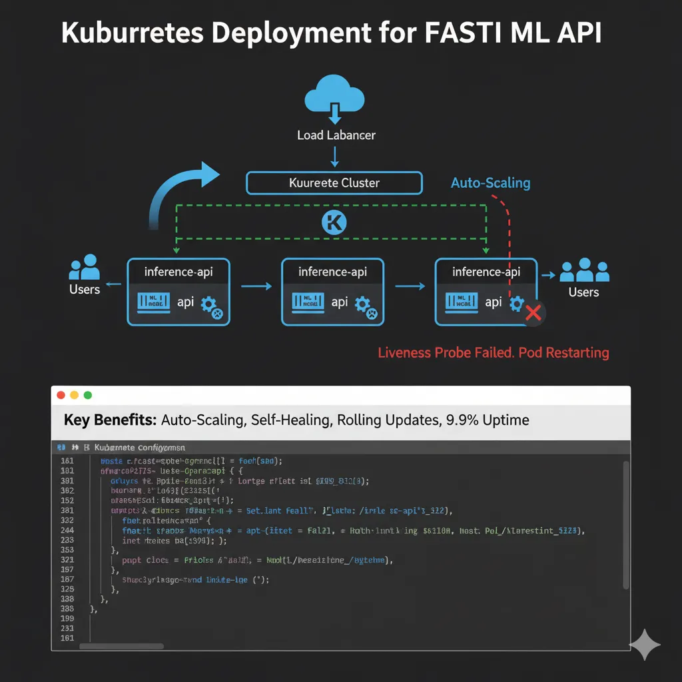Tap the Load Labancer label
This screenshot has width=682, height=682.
336,135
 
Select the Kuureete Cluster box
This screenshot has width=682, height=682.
334,182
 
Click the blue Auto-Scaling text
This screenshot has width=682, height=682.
490,182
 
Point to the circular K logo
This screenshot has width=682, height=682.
334,222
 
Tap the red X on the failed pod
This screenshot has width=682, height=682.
533,312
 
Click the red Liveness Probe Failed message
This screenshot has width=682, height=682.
493,352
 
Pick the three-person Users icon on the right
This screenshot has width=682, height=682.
584,270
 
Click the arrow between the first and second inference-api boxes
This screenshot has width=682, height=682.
256,286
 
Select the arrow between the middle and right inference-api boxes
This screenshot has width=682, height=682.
410,286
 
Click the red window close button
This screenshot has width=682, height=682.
61,395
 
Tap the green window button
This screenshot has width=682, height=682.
87,395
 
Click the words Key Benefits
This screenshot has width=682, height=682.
110,420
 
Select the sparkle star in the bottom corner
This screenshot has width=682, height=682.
645,644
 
